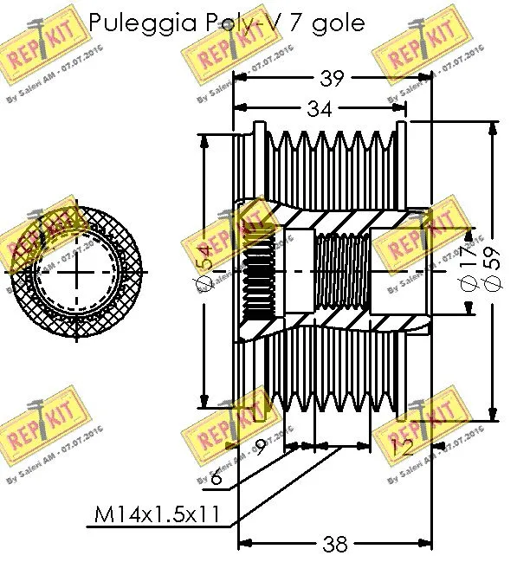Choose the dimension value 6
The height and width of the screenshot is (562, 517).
pos(215,475)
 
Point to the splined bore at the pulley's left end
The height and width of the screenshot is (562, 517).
pos(256,271)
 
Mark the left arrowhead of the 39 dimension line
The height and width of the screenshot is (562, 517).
pos(240,79)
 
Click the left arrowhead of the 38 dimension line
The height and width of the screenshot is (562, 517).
pos(242,544)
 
